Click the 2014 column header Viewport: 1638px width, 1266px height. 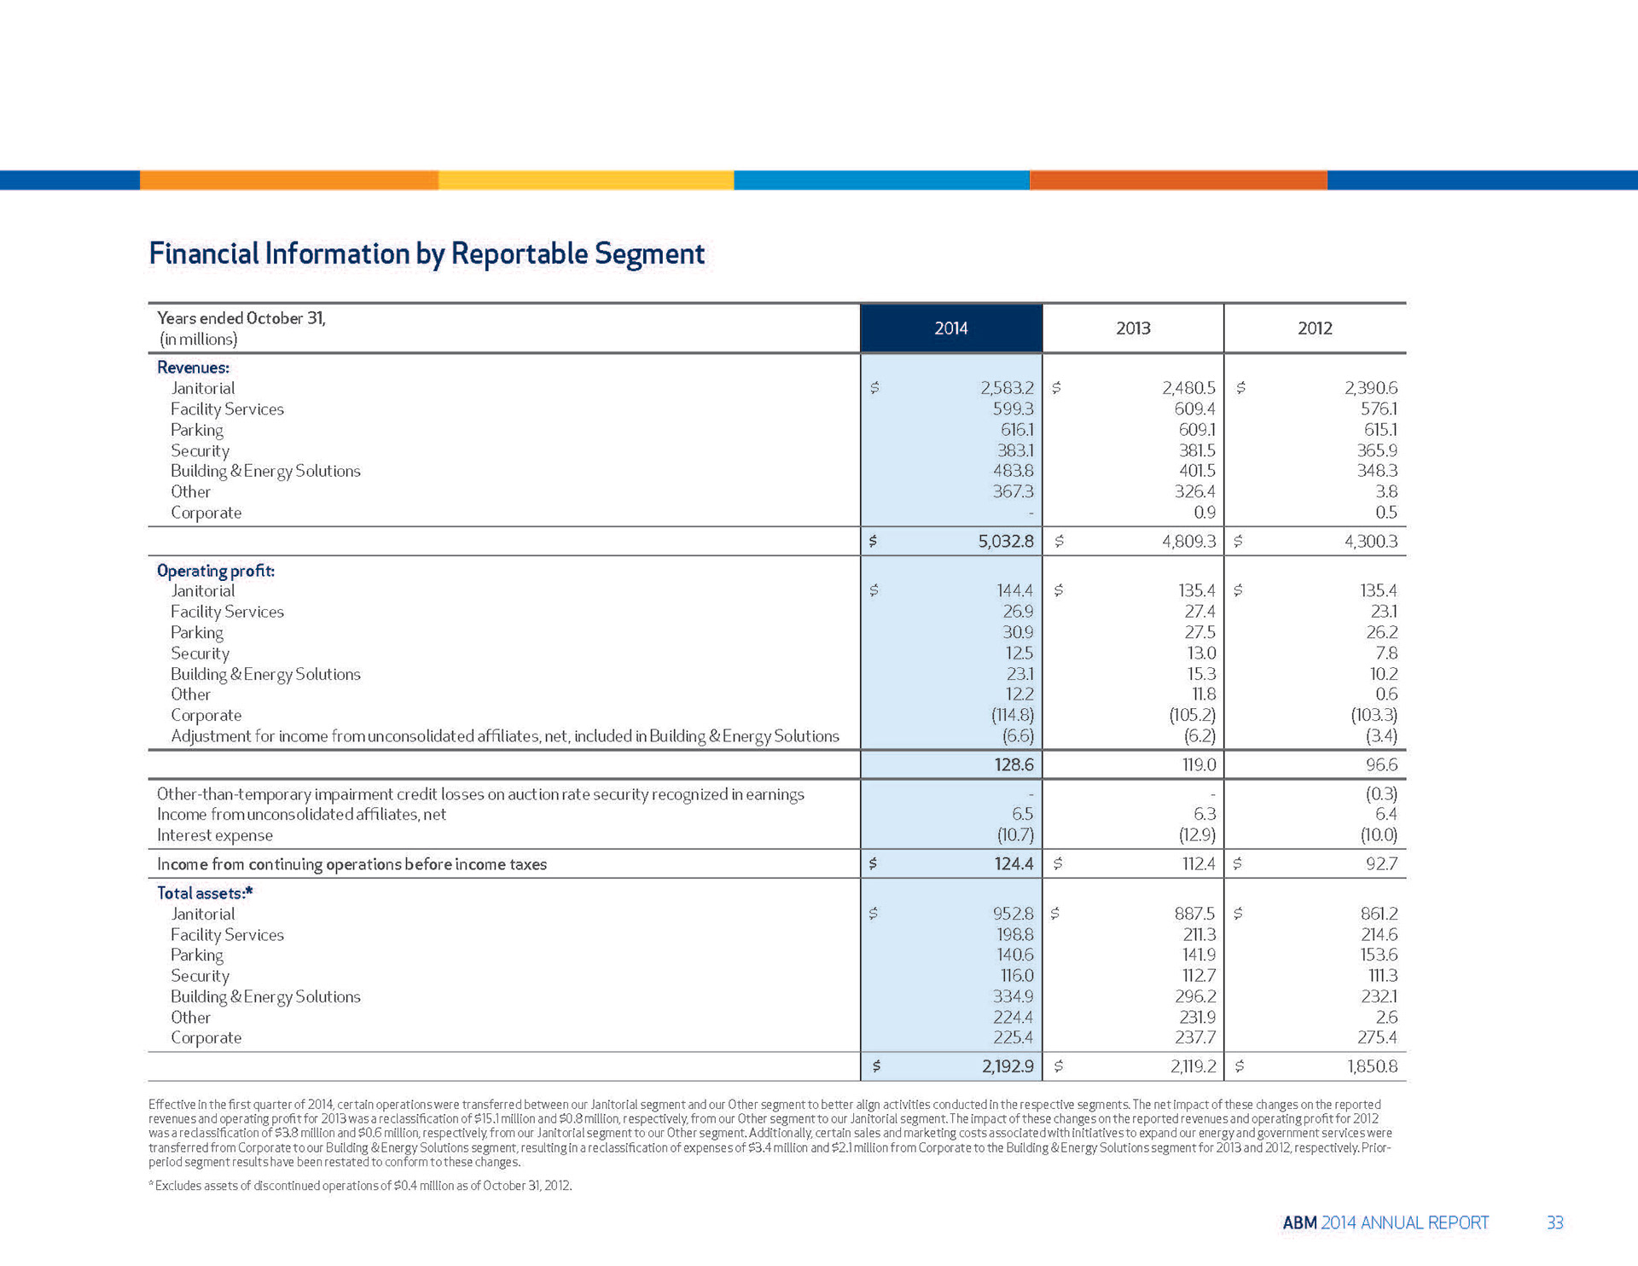click(950, 328)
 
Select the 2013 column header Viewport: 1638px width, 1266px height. click(1133, 328)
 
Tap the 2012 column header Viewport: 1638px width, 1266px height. click(1315, 328)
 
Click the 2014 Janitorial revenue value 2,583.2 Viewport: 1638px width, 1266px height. click(1007, 388)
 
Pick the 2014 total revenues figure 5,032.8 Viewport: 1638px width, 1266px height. click(1006, 541)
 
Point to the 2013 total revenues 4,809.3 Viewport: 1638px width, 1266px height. click(1188, 541)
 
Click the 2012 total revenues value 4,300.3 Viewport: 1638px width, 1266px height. click(1371, 541)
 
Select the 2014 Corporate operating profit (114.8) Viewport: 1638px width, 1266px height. click(1012, 715)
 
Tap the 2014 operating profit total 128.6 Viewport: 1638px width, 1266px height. click(1014, 764)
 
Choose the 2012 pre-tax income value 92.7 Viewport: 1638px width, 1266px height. click(1381, 863)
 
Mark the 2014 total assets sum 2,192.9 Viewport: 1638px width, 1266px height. click(1008, 1066)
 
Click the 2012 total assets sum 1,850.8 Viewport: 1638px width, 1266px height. click(1372, 1066)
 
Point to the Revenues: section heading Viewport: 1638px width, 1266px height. click(193, 368)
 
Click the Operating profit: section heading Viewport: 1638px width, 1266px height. click(216, 571)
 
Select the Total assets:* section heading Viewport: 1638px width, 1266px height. click(205, 893)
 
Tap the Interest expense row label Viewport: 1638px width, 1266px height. click(215, 835)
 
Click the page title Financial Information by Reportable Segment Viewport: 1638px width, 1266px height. click(427, 253)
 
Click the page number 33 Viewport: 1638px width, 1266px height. click(1554, 1222)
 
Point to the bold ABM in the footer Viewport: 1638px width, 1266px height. click(1299, 1222)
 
